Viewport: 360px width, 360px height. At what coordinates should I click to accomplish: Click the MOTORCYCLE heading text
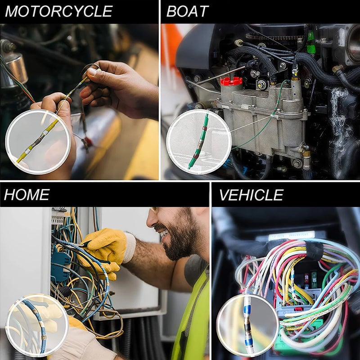58,11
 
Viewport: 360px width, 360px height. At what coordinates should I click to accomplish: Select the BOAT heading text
187,11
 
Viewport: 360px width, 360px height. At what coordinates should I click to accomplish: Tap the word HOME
27,194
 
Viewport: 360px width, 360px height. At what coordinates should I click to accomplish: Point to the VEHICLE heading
251,194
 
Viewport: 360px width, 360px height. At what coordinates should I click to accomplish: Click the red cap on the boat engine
231,82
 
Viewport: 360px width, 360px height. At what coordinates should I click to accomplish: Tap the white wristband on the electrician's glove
130,247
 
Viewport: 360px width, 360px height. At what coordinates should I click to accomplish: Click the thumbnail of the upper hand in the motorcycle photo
92,71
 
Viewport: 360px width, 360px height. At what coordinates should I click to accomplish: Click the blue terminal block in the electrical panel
58,265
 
